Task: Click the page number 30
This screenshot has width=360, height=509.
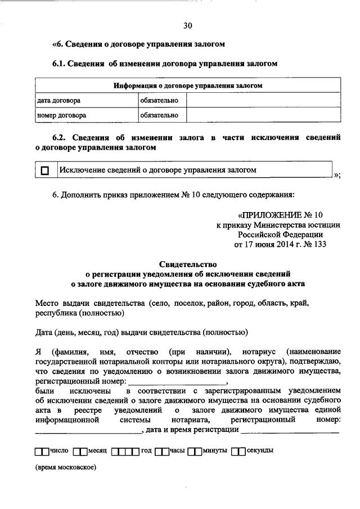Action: tap(187, 24)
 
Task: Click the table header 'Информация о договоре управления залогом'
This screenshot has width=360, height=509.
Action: tap(188, 86)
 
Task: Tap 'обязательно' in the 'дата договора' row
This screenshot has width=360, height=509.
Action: tap(160, 101)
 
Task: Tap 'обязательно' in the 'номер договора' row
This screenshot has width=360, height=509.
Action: tap(160, 115)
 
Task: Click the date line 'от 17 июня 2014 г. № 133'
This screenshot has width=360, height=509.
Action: tap(280, 244)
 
